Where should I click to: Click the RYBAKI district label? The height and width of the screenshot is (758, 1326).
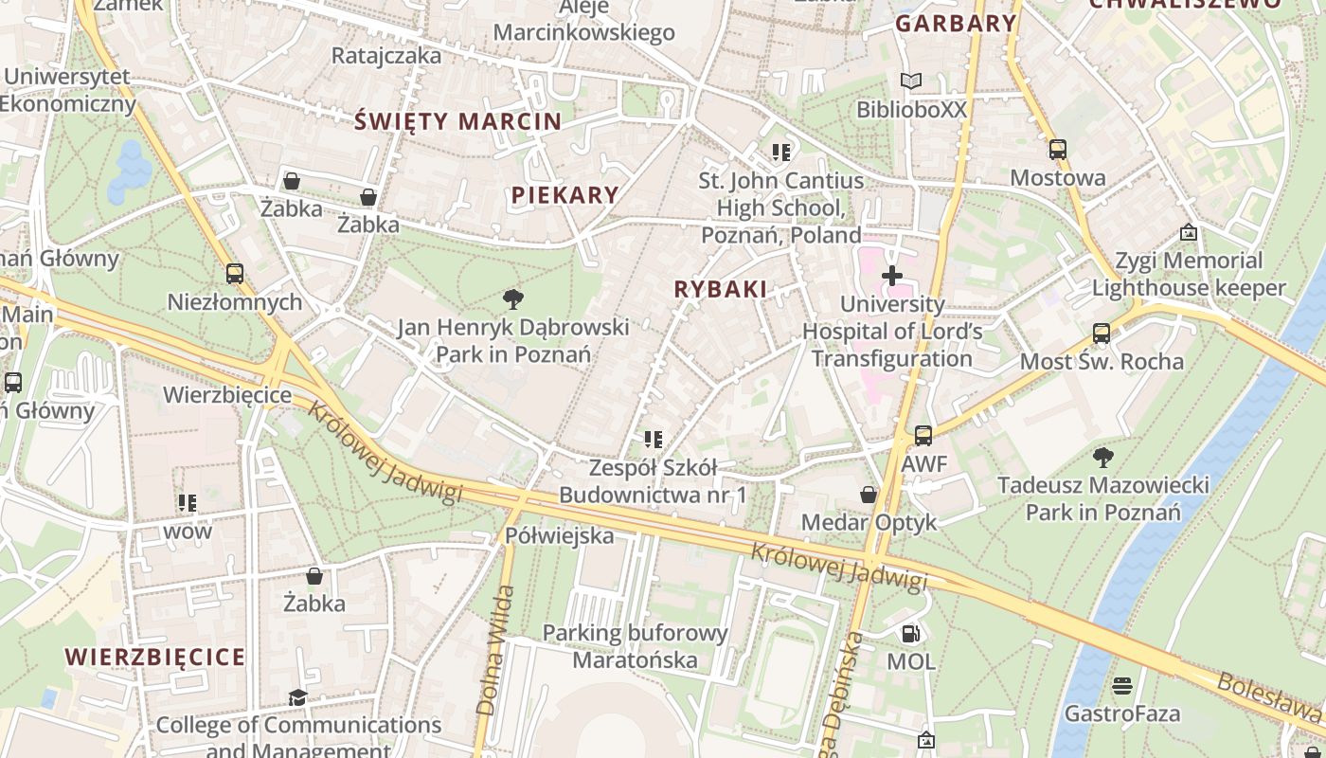coord(720,290)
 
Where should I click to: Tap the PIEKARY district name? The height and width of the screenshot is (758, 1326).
coord(565,195)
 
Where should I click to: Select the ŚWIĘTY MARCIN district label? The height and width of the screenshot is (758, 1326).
coord(458,121)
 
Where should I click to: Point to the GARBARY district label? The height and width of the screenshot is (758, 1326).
coord(956,24)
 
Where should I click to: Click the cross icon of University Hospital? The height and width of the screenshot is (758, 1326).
coord(891,276)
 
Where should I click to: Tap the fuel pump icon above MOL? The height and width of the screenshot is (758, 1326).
coord(910,633)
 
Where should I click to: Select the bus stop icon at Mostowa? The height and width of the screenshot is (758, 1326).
coord(1057,150)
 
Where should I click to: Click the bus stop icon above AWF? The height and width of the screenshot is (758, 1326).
coord(923,436)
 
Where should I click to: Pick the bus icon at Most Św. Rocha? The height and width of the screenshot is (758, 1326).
coord(1101,334)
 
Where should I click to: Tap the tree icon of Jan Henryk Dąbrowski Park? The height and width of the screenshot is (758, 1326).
coord(512,299)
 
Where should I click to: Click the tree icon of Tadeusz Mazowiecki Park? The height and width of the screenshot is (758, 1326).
coord(1102,458)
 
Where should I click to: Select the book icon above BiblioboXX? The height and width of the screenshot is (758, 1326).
coord(911,81)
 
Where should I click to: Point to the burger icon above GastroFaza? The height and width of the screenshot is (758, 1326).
coord(1122,685)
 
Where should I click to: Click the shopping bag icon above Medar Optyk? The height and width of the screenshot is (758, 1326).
coord(868,495)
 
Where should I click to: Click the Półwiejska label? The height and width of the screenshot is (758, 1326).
coord(559,536)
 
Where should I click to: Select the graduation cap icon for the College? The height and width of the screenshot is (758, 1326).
coord(297,697)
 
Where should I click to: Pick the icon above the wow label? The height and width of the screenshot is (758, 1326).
coord(188,503)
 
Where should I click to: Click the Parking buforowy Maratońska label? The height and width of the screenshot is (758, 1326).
coord(635,646)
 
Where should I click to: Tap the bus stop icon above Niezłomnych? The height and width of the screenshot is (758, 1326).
coord(234,274)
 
